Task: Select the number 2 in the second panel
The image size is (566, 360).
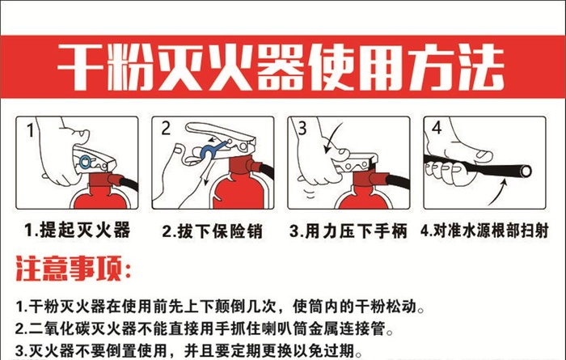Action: click(x=167, y=129)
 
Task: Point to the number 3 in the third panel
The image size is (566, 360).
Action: click(x=301, y=129)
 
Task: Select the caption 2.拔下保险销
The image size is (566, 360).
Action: click(x=212, y=231)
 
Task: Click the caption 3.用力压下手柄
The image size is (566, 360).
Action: click(x=348, y=231)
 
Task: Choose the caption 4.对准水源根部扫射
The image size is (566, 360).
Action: click(x=484, y=231)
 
